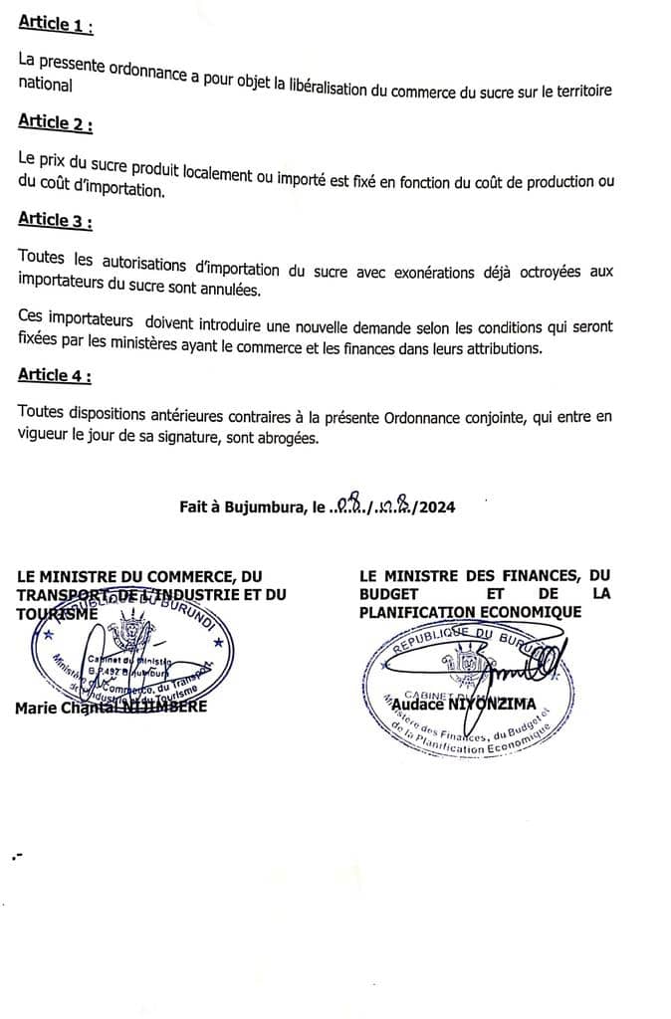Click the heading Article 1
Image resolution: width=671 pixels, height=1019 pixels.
56,26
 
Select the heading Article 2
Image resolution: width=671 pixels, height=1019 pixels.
56,122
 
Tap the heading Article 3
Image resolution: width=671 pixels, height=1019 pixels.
56,219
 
